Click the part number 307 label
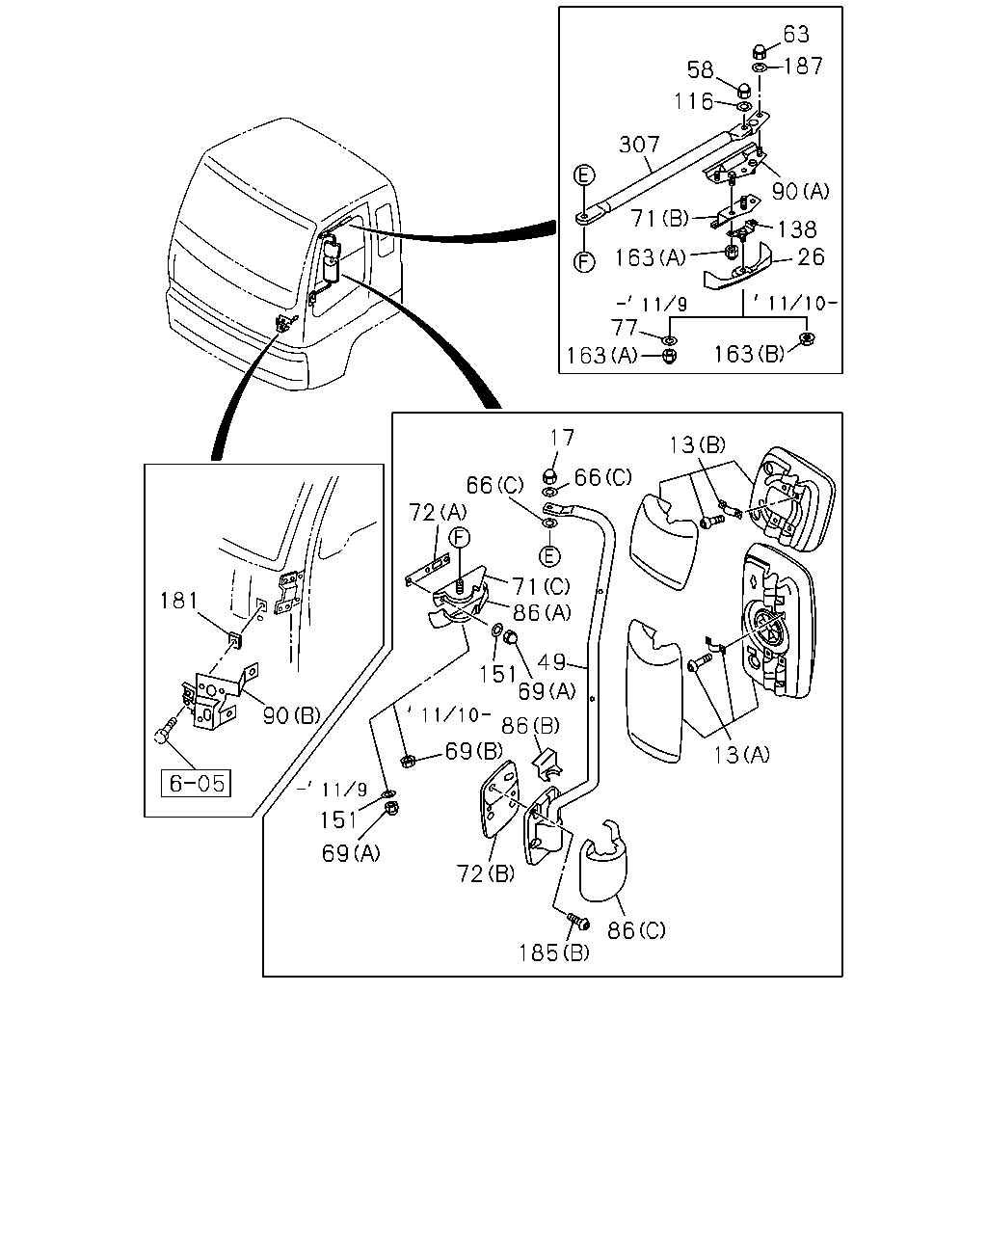(x=639, y=144)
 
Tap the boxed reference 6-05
(x=196, y=783)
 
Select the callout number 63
(x=796, y=35)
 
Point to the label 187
(x=804, y=66)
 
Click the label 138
(x=797, y=229)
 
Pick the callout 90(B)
(x=291, y=715)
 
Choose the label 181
(x=178, y=601)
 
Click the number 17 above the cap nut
(x=562, y=438)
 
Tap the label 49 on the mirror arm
(x=552, y=662)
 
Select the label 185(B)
(x=554, y=953)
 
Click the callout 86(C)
(x=636, y=930)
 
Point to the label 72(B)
(x=485, y=873)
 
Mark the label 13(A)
(x=741, y=755)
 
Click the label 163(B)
(x=749, y=354)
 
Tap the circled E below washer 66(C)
(x=549, y=555)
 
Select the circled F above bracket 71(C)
(x=459, y=538)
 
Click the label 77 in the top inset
(x=624, y=328)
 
